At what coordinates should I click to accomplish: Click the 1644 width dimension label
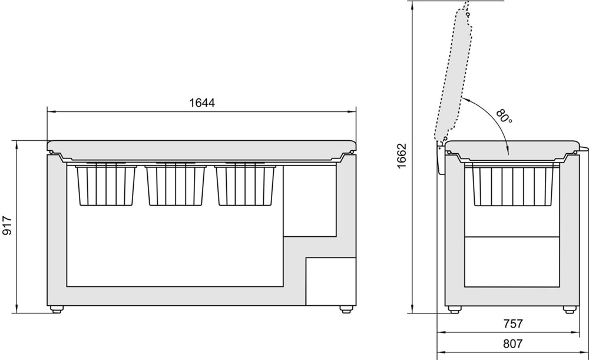(201, 103)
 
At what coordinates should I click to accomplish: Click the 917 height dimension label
(7, 226)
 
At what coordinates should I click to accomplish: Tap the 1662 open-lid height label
(402, 156)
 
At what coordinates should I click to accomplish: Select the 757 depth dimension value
(512, 323)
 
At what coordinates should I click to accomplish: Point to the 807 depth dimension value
(512, 344)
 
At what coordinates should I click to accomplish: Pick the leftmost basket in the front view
(105, 184)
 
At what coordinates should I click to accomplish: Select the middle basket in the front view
(176, 184)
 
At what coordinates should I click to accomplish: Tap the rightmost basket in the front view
(245, 184)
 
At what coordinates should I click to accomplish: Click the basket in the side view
(512, 184)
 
